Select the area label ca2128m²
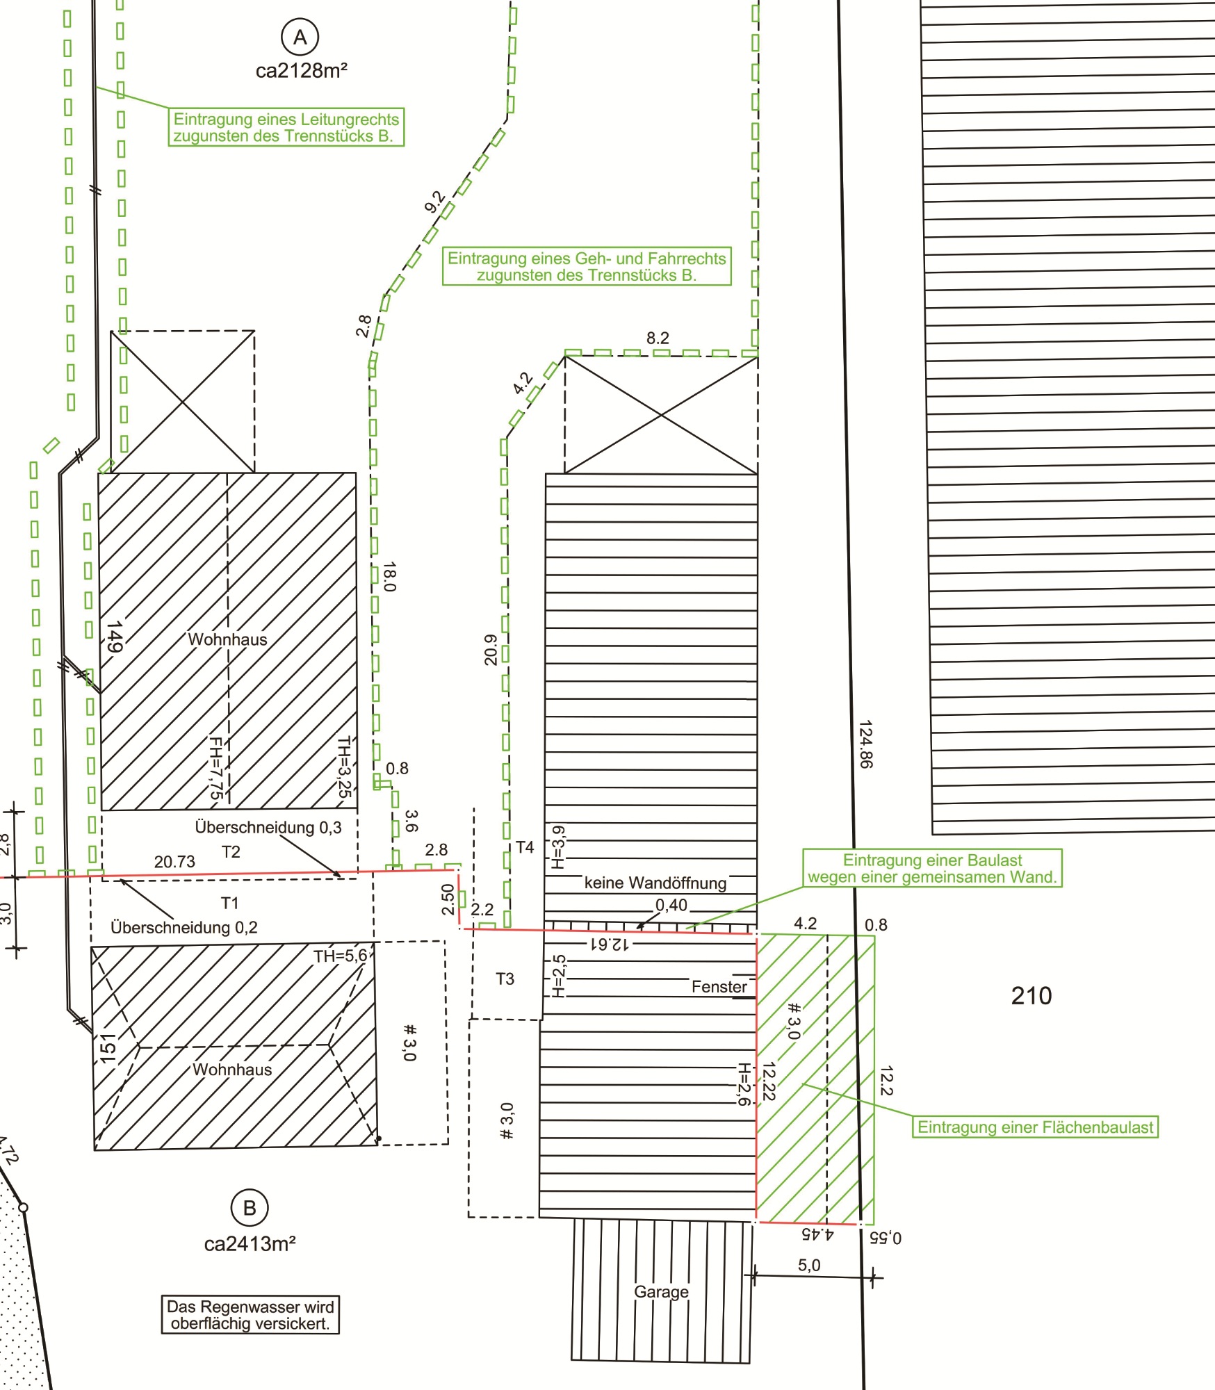coord(302,71)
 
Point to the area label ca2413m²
coord(250,1244)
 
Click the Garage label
coord(661,1291)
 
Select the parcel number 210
coord(1031,996)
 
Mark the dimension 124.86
coord(865,744)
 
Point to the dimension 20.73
coord(174,862)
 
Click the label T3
coord(505,979)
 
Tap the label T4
coord(525,847)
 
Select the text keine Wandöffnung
coord(655,883)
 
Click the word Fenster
coord(719,987)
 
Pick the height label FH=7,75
coord(216,768)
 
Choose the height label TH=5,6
coord(340,956)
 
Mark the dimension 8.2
coord(658,338)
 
